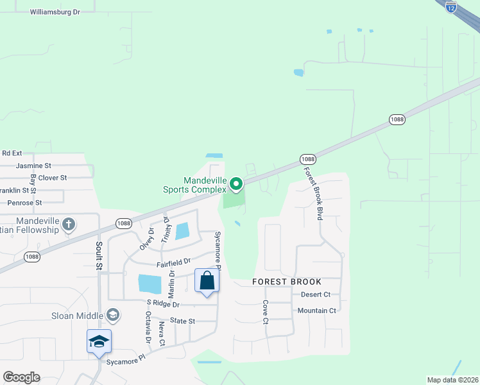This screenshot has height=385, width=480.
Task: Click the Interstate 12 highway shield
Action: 451,7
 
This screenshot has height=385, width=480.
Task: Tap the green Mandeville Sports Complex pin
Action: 236,185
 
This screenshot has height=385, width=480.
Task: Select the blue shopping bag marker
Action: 207,281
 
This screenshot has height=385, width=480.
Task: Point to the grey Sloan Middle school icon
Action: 113,314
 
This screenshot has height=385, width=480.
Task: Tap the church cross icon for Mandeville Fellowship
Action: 69,225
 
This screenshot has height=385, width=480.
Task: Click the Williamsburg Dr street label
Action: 55,12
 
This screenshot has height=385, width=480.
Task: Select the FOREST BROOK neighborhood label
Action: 287,282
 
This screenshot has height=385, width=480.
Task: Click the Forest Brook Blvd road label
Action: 313,194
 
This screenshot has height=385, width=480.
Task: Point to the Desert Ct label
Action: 315,295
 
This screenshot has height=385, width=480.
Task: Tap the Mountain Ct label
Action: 317,311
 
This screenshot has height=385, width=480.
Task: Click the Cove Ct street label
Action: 265,312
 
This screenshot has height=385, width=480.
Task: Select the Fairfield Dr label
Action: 173,262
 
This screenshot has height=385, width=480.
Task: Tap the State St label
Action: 182,320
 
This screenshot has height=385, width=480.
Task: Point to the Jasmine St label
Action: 33,166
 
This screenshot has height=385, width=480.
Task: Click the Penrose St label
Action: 24,202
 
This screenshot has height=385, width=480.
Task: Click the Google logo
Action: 21,377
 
